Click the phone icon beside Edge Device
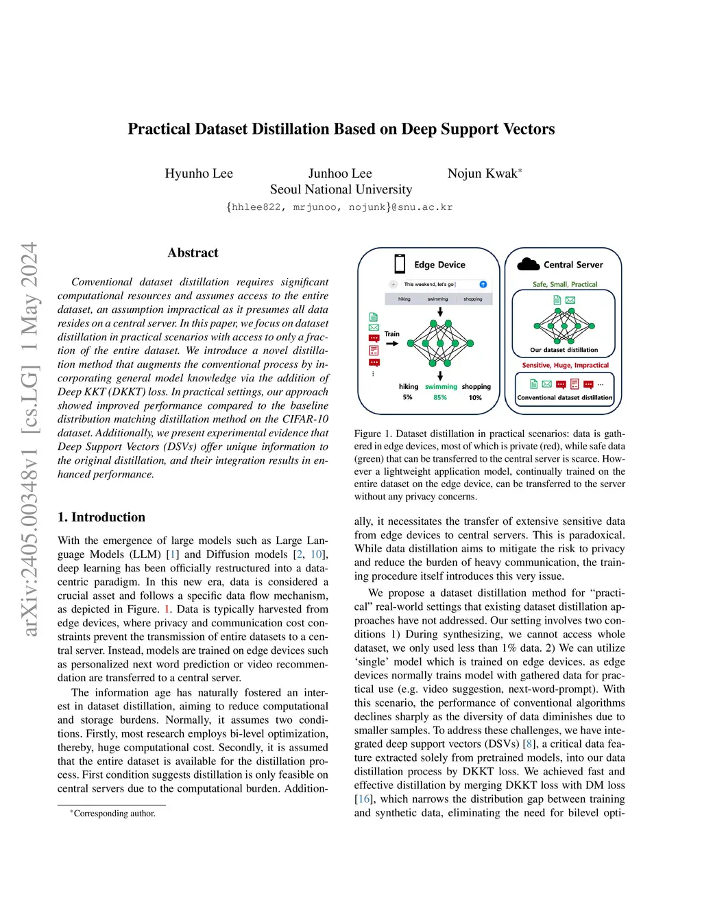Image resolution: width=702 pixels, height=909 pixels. pos(400,264)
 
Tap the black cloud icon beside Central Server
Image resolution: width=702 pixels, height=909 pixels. pos(528,264)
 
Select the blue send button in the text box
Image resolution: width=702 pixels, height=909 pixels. pos(483,284)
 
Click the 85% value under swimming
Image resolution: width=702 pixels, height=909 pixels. pos(440,398)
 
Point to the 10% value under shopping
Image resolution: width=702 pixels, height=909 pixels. pos(475,398)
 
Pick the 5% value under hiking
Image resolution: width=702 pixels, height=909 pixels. pos(408,398)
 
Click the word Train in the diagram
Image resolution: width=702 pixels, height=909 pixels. pos(392,334)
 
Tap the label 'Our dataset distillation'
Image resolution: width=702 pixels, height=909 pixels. pos(564,350)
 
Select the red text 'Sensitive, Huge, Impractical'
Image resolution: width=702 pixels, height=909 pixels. pos(566,366)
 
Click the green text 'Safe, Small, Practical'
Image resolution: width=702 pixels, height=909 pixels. pos(565,284)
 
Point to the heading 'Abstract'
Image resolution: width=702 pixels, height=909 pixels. pos(193,253)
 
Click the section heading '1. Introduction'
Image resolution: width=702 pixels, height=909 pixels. pos(101,517)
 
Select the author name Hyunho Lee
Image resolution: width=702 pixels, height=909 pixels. pos(199,174)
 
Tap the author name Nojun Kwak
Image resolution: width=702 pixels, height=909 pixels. pos(483,174)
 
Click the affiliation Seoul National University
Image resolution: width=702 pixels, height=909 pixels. pos(341,189)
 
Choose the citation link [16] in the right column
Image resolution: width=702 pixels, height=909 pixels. pos(363,799)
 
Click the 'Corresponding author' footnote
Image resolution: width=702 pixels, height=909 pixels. pos(114,814)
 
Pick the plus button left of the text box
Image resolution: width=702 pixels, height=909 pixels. pos(394,284)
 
